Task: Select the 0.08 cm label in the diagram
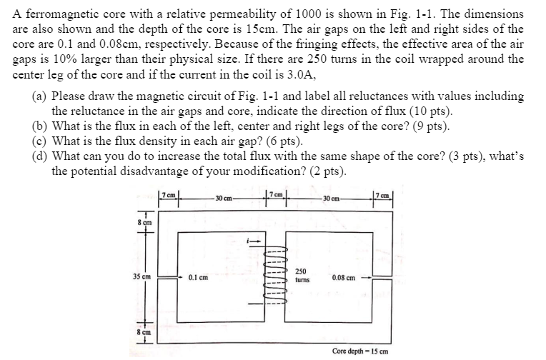click(x=346, y=276)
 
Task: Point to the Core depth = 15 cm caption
click(x=360, y=351)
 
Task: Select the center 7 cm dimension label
click(x=277, y=195)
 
